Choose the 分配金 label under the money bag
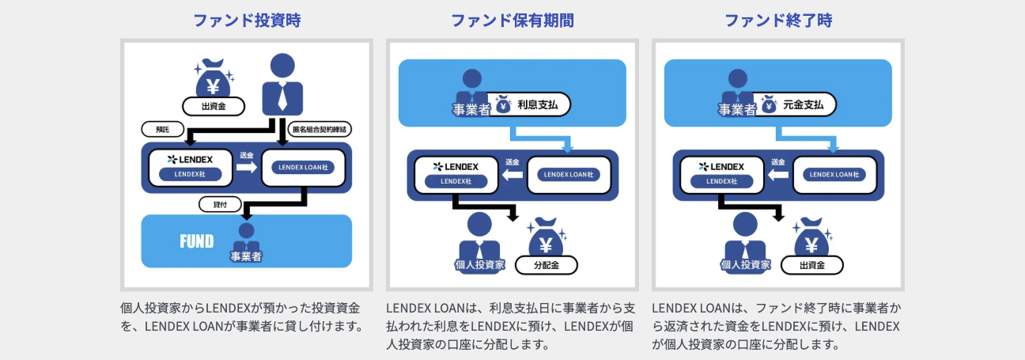[x=547, y=265]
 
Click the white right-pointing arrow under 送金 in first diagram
[x=247, y=168]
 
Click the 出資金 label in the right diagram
[x=812, y=265]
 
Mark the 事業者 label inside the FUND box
[x=246, y=256]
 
